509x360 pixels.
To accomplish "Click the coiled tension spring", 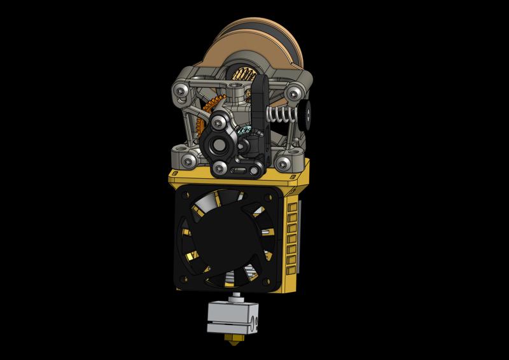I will tap(280, 114).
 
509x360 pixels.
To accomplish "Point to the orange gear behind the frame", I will tap(202, 127).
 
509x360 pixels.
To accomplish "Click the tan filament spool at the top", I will tap(261, 45).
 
